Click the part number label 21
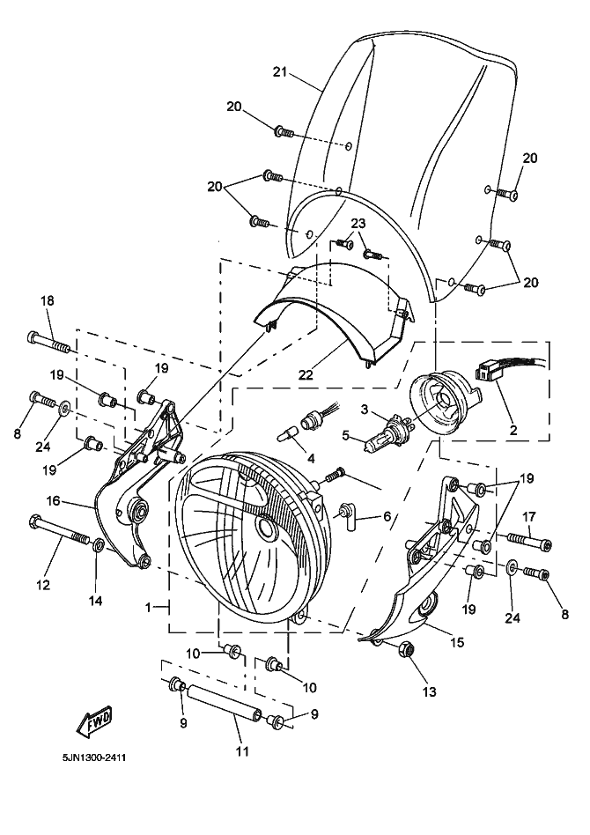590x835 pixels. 281,72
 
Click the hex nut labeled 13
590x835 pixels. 408,651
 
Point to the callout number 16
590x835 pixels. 53,500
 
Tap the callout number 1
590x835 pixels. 150,607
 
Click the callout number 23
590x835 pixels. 358,224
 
